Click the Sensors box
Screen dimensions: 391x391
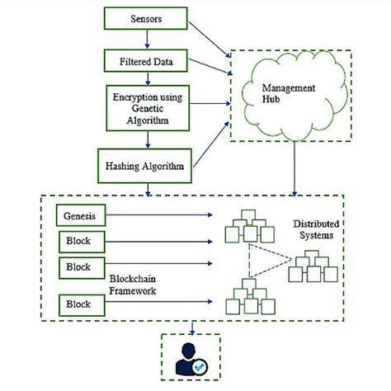click(146, 18)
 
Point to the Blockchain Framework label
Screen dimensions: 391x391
click(138, 285)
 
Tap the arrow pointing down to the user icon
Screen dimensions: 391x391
click(193, 327)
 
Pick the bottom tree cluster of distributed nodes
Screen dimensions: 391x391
click(247, 295)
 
